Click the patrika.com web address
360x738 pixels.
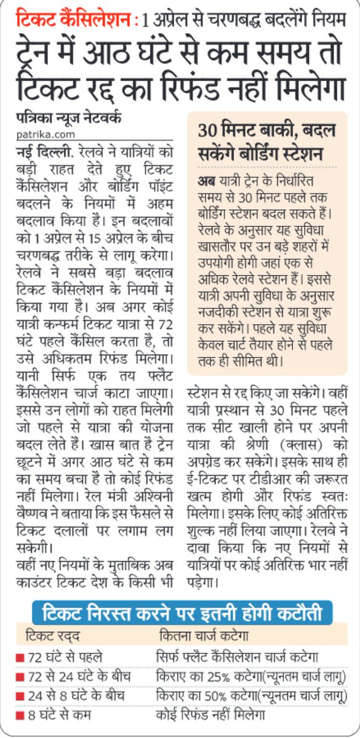[x=42, y=134]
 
